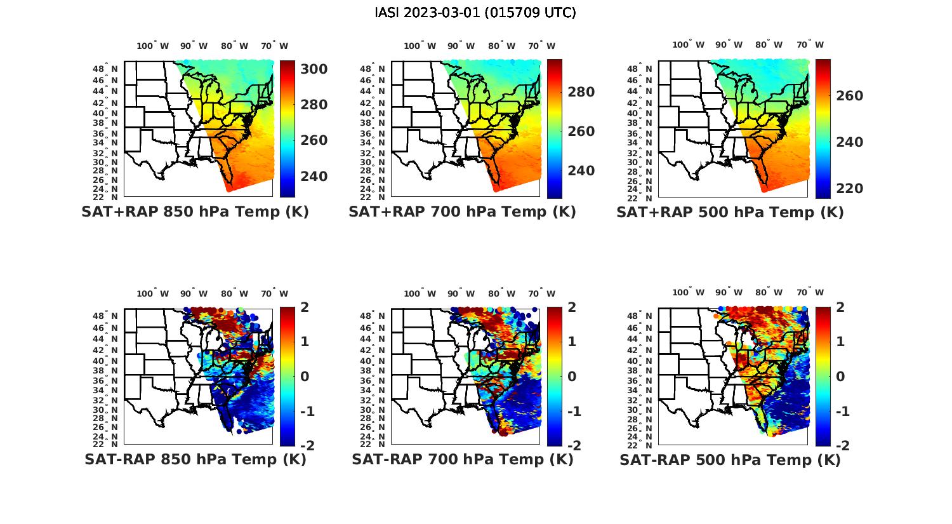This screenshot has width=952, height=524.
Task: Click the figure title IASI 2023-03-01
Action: pos(475,13)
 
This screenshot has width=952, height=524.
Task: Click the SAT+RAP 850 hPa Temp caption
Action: pos(195,212)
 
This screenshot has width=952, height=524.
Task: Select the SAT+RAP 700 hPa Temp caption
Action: pos(462,212)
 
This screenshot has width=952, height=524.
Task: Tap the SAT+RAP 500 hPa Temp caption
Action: pos(730,213)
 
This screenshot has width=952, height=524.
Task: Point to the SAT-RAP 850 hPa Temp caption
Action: pos(195,459)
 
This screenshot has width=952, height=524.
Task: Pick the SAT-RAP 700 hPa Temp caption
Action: pos(462,459)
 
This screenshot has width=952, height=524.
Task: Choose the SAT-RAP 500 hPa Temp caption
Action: pos(730,460)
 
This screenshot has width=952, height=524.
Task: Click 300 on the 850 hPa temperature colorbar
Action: pos(314,69)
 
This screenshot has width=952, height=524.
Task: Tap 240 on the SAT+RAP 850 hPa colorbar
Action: pos(314,176)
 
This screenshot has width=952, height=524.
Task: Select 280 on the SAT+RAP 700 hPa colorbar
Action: pos(581,92)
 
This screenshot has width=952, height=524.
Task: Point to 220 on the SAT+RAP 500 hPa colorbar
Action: pos(849,189)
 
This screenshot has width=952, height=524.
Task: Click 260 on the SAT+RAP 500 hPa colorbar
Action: pos(849,96)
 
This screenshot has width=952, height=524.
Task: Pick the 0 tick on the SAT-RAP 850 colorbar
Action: pos(304,376)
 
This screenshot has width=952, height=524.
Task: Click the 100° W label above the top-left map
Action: pos(152,46)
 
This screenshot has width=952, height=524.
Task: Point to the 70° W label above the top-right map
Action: pos(810,44)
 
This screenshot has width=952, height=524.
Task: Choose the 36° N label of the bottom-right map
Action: pos(640,380)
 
